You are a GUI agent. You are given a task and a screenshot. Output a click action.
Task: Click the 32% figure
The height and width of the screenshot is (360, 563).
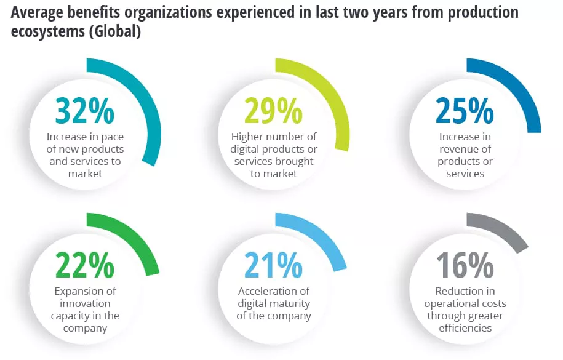pos(85,111)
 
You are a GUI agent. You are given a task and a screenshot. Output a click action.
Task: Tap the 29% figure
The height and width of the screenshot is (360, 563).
pos(274,111)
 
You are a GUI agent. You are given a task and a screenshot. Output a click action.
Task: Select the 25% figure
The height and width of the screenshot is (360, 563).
pos(465,111)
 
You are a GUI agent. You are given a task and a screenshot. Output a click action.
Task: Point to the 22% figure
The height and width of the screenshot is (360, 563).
pos(85,266)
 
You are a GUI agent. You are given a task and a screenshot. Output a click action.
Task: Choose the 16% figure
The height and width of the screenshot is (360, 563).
pos(465,266)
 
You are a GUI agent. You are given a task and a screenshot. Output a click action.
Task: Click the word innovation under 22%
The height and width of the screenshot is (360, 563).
pos(85,303)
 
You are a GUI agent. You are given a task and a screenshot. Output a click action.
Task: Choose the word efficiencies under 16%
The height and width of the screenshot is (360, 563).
pos(465,328)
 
